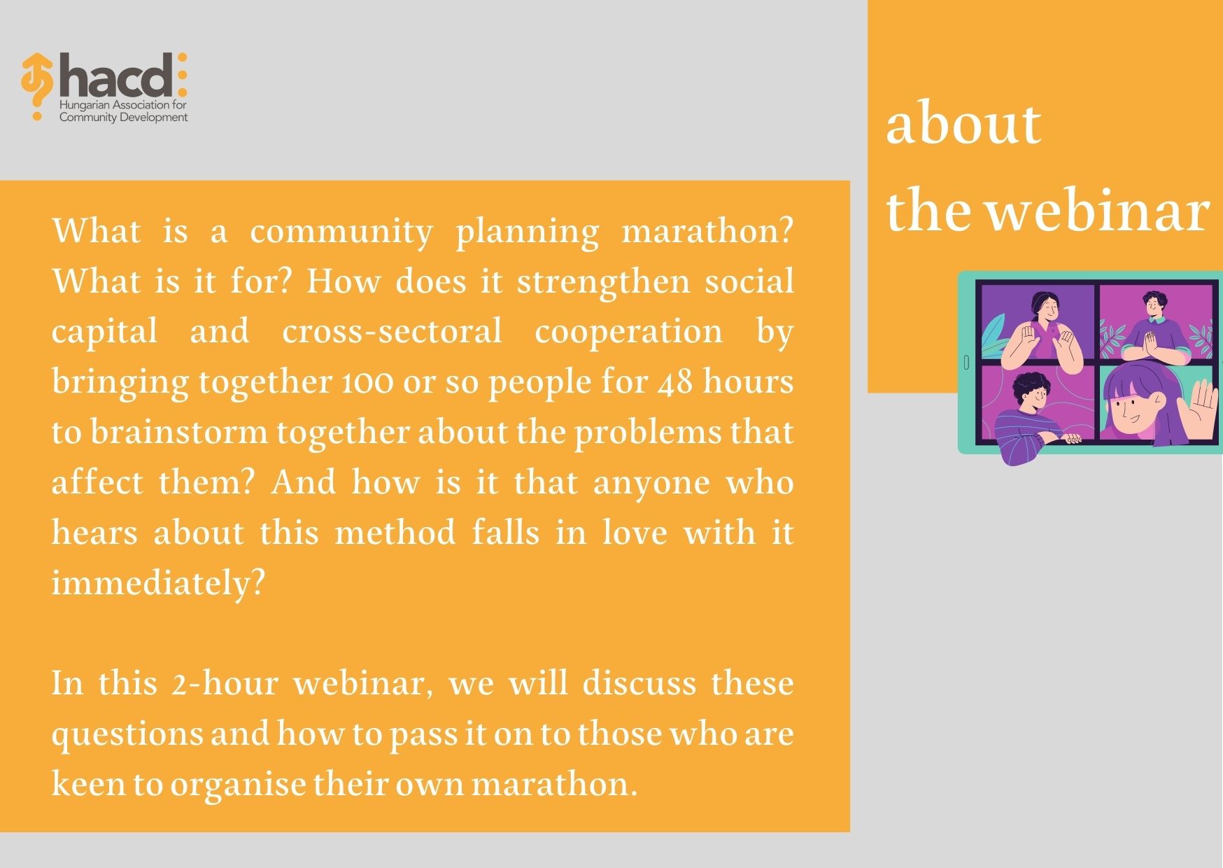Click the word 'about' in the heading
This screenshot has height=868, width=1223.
(x=963, y=124)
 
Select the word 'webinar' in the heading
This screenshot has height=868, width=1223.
(x=1098, y=211)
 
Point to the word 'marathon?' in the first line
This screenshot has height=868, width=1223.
(x=707, y=232)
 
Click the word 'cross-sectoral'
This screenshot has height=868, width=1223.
(x=392, y=332)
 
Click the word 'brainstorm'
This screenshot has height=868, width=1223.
(x=179, y=432)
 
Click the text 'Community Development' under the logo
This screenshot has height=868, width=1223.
(x=123, y=117)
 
